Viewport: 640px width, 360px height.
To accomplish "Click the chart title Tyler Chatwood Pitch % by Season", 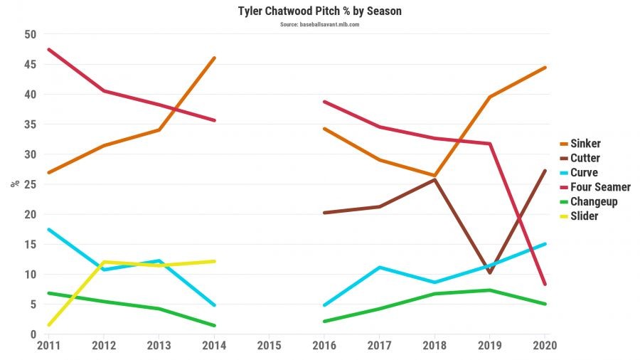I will [319, 12].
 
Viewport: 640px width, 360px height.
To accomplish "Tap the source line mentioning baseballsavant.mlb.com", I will [319, 24].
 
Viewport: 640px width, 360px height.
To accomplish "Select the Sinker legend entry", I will [585, 144].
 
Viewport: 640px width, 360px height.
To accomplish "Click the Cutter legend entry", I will [585, 158].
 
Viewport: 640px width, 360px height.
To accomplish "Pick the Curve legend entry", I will [584, 172].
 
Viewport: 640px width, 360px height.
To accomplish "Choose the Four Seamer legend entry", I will [600, 187].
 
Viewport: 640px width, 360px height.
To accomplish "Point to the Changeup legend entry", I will [594, 201].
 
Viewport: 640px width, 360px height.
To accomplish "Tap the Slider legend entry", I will [584, 216].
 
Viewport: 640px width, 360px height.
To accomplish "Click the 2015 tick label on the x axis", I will [270, 346].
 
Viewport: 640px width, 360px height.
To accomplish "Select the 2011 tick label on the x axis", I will [48, 346].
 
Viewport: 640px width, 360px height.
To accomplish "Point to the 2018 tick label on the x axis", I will [434, 346].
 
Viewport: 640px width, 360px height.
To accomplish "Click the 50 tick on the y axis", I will [31, 34].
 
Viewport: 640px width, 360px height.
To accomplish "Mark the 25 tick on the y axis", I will [31, 184].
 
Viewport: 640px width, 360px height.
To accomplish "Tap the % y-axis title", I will [14, 184].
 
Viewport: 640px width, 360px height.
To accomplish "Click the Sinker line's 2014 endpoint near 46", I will [214, 58].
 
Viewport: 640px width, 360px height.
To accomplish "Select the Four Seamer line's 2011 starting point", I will [48, 50].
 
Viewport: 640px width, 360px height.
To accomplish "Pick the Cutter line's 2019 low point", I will [489, 272].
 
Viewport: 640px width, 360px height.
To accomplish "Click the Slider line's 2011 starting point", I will [48, 325].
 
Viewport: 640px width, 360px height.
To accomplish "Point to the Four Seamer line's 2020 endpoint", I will [545, 284].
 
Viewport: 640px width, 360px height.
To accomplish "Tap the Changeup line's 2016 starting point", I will [324, 322].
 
